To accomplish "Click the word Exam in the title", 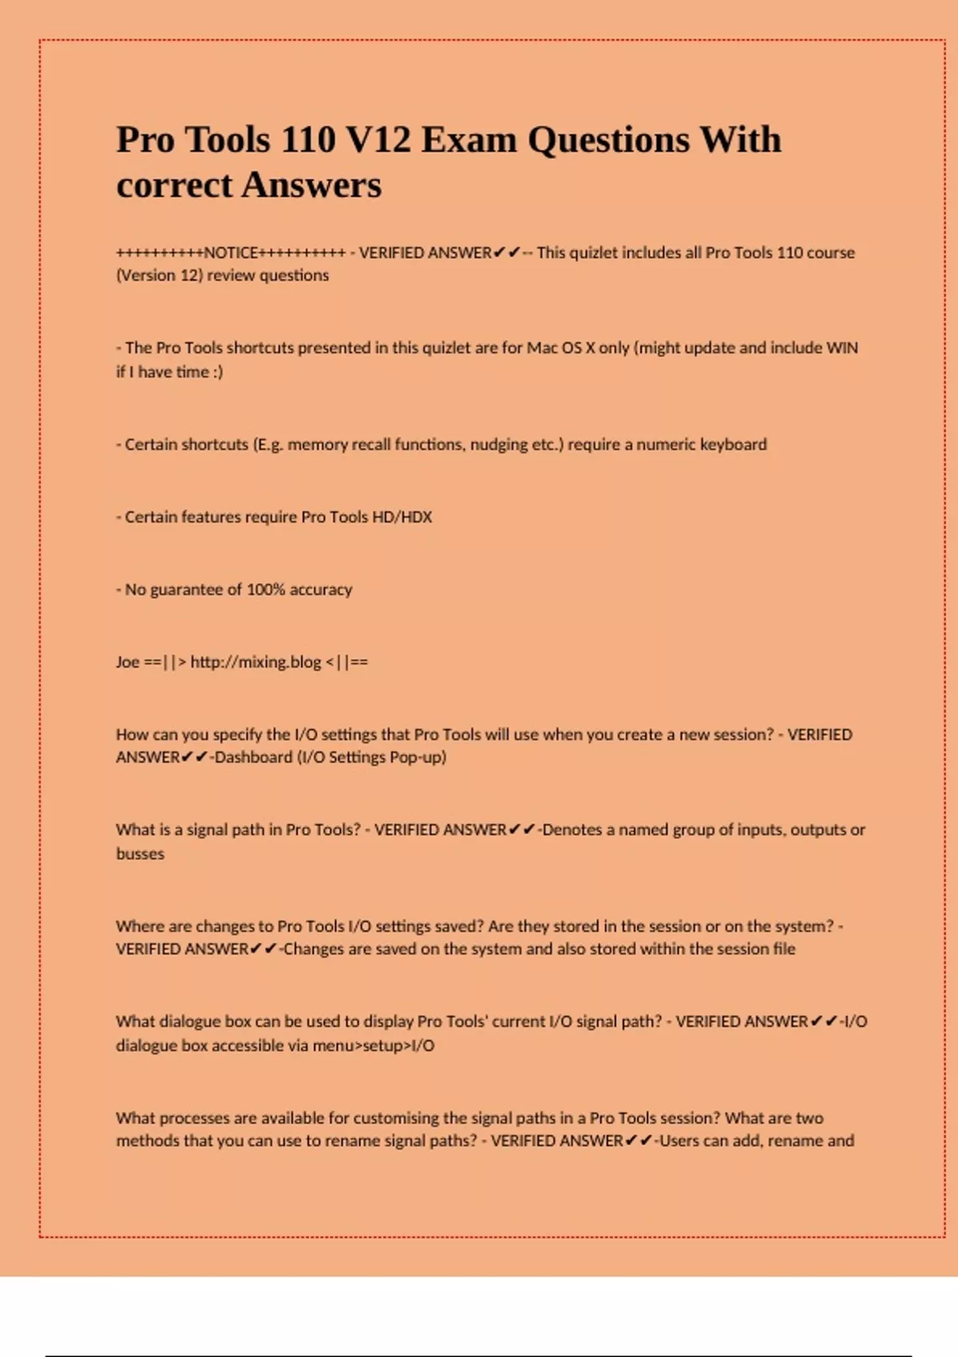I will pos(469,140).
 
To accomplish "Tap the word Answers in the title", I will pos(311,185).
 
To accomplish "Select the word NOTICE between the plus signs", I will pos(231,253).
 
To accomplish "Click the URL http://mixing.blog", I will pos(255,662).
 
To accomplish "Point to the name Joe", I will pos(128,662).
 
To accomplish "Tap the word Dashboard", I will pos(253,758).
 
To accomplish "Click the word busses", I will pos(140,854).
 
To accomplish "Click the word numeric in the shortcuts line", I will pos(665,445).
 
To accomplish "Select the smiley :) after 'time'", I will pos(218,372).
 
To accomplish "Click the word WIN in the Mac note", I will pos(841,348).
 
